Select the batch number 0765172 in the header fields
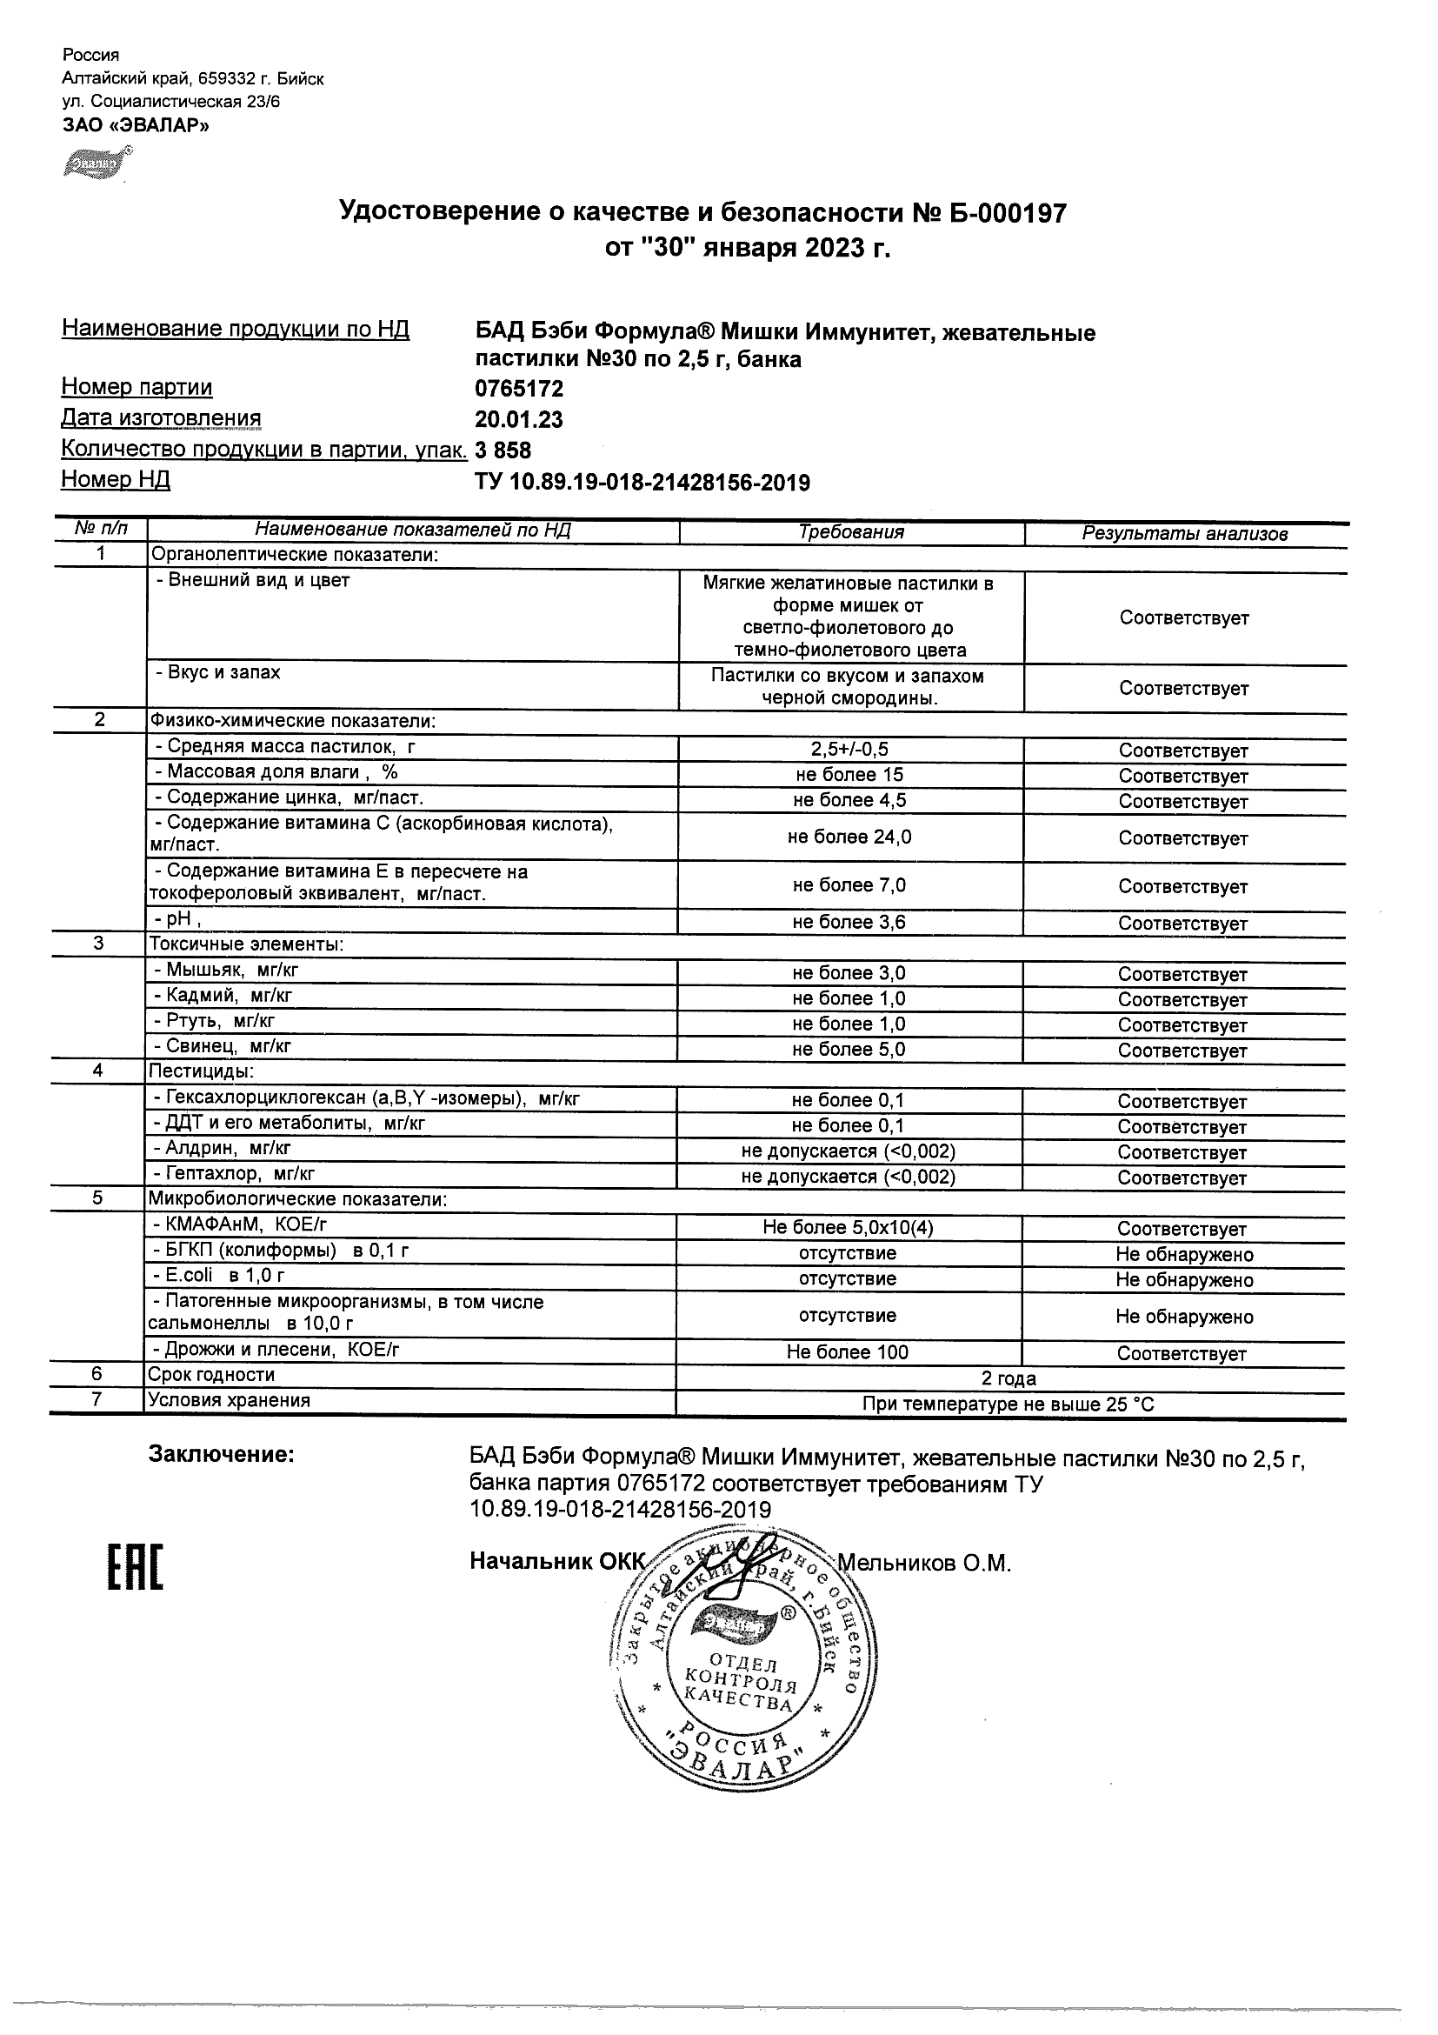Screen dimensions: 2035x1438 (x=518, y=389)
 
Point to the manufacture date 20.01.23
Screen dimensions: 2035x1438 (x=518, y=419)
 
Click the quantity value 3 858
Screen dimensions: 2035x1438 (x=503, y=450)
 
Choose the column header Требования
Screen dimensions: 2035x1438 (x=850, y=531)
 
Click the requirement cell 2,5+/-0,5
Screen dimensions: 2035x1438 (x=849, y=750)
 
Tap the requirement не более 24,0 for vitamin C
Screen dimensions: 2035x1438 (x=849, y=837)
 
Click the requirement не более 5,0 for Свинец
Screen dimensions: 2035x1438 (x=848, y=1050)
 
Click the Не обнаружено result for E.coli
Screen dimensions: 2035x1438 (x=1184, y=1280)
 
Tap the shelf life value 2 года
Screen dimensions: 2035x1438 (x=1009, y=1378)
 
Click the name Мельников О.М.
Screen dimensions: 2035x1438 (x=923, y=1564)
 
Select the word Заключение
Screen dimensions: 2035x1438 (x=221, y=1454)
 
